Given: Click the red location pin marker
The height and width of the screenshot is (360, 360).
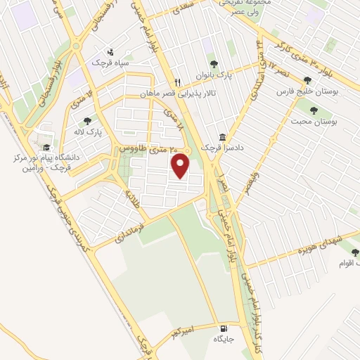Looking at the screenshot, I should pos(181,166).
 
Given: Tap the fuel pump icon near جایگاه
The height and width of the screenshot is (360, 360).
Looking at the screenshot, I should pos(224,327).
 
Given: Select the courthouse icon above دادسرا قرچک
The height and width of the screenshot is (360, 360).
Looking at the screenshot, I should pos(222,137).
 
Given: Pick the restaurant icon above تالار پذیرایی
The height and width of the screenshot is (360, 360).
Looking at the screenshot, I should pos(178,81).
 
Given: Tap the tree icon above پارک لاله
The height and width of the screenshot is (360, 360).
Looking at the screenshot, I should pos(87,120).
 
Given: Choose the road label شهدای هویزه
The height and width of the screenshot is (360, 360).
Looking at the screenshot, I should pos(317,243).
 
